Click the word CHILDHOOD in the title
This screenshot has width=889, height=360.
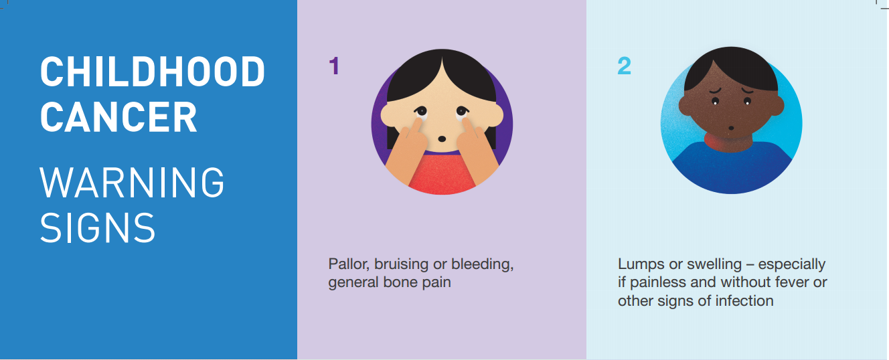tap(153, 72)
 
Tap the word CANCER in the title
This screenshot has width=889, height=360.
tap(118, 118)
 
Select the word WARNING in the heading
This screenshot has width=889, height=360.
tap(133, 182)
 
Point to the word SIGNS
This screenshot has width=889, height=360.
tap(98, 228)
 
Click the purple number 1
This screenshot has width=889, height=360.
tap(334, 66)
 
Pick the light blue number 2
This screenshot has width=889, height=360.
tap(624, 66)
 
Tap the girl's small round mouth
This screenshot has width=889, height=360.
tap(442, 139)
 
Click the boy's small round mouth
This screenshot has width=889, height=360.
tap(730, 128)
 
